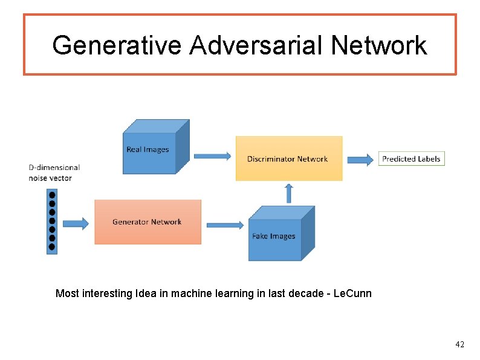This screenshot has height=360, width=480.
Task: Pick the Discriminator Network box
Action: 288,159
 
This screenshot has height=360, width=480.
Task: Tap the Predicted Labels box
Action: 412,159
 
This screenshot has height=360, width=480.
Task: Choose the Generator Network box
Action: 148,222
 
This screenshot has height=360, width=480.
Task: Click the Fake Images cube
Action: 275,236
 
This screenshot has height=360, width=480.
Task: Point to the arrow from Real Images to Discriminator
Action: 212,156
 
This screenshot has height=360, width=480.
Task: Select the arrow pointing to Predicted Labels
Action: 361,160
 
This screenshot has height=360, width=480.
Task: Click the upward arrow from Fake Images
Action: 288,192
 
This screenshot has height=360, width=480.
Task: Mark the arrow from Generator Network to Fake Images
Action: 225,225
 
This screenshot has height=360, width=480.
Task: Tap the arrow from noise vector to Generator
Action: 76,223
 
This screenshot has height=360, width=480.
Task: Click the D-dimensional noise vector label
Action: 54,172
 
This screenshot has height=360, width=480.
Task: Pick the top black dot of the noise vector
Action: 52,195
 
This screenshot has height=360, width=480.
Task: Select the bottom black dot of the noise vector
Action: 52,246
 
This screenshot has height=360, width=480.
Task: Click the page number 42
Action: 460,344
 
